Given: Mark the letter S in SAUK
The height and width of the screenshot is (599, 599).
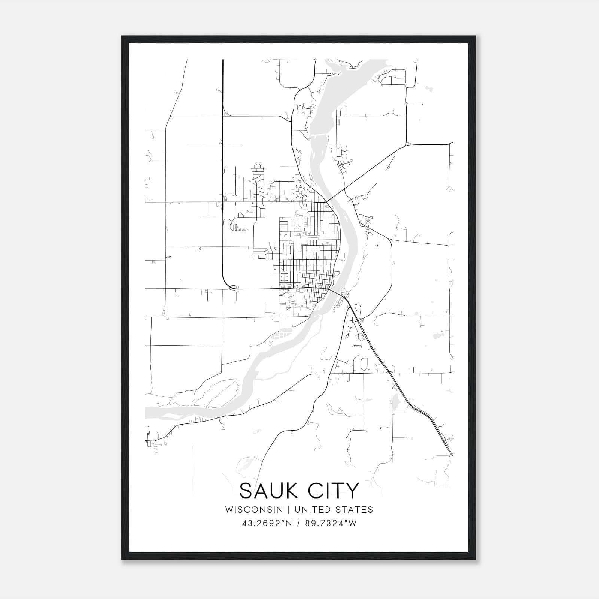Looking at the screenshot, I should [x=247, y=491].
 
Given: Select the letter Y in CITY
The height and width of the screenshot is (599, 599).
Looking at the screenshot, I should [x=352, y=491].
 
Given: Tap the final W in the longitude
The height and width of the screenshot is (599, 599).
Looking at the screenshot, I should [x=353, y=523].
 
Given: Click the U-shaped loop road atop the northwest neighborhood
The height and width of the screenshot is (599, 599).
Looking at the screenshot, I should [x=258, y=165].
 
